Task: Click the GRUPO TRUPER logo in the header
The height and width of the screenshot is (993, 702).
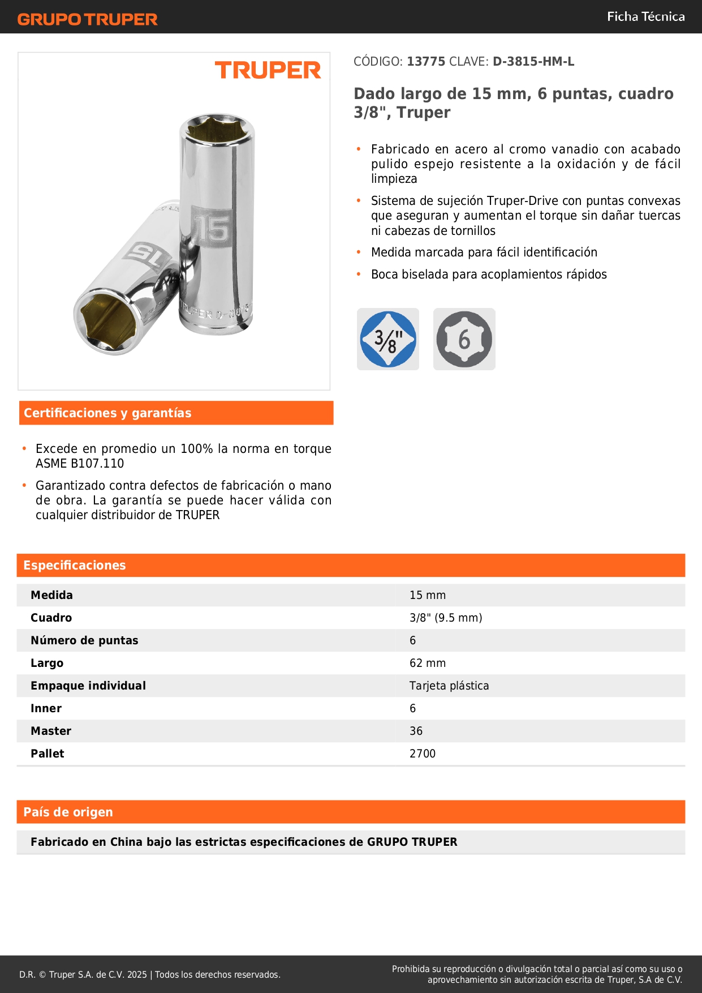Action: click(x=87, y=19)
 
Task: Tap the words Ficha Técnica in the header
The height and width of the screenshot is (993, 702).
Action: click(x=645, y=16)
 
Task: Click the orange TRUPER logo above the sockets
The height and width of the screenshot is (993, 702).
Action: click(x=268, y=70)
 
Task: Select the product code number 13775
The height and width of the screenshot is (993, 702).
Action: click(x=426, y=62)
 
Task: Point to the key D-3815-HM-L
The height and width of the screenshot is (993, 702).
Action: click(x=533, y=62)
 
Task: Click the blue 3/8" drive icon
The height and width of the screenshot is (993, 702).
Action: click(x=388, y=339)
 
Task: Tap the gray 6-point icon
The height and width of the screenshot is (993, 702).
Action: click(x=464, y=339)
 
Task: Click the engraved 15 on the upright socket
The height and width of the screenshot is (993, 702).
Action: click(x=213, y=228)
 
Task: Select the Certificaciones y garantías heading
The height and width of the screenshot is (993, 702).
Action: click(x=107, y=413)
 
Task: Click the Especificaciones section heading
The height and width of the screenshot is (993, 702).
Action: click(x=75, y=565)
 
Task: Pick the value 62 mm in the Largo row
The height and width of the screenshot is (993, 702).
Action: click(x=428, y=663)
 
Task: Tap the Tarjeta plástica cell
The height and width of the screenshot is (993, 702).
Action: click(x=449, y=686)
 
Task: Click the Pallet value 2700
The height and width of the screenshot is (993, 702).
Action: click(x=423, y=754)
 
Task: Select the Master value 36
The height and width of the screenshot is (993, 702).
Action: click(x=416, y=731)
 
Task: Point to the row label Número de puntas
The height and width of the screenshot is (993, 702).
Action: click(x=84, y=640)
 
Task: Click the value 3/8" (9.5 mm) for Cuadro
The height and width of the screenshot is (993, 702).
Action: click(x=446, y=618)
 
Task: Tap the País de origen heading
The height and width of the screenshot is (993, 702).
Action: click(x=68, y=812)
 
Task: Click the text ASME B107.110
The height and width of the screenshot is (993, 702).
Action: click(x=80, y=464)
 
